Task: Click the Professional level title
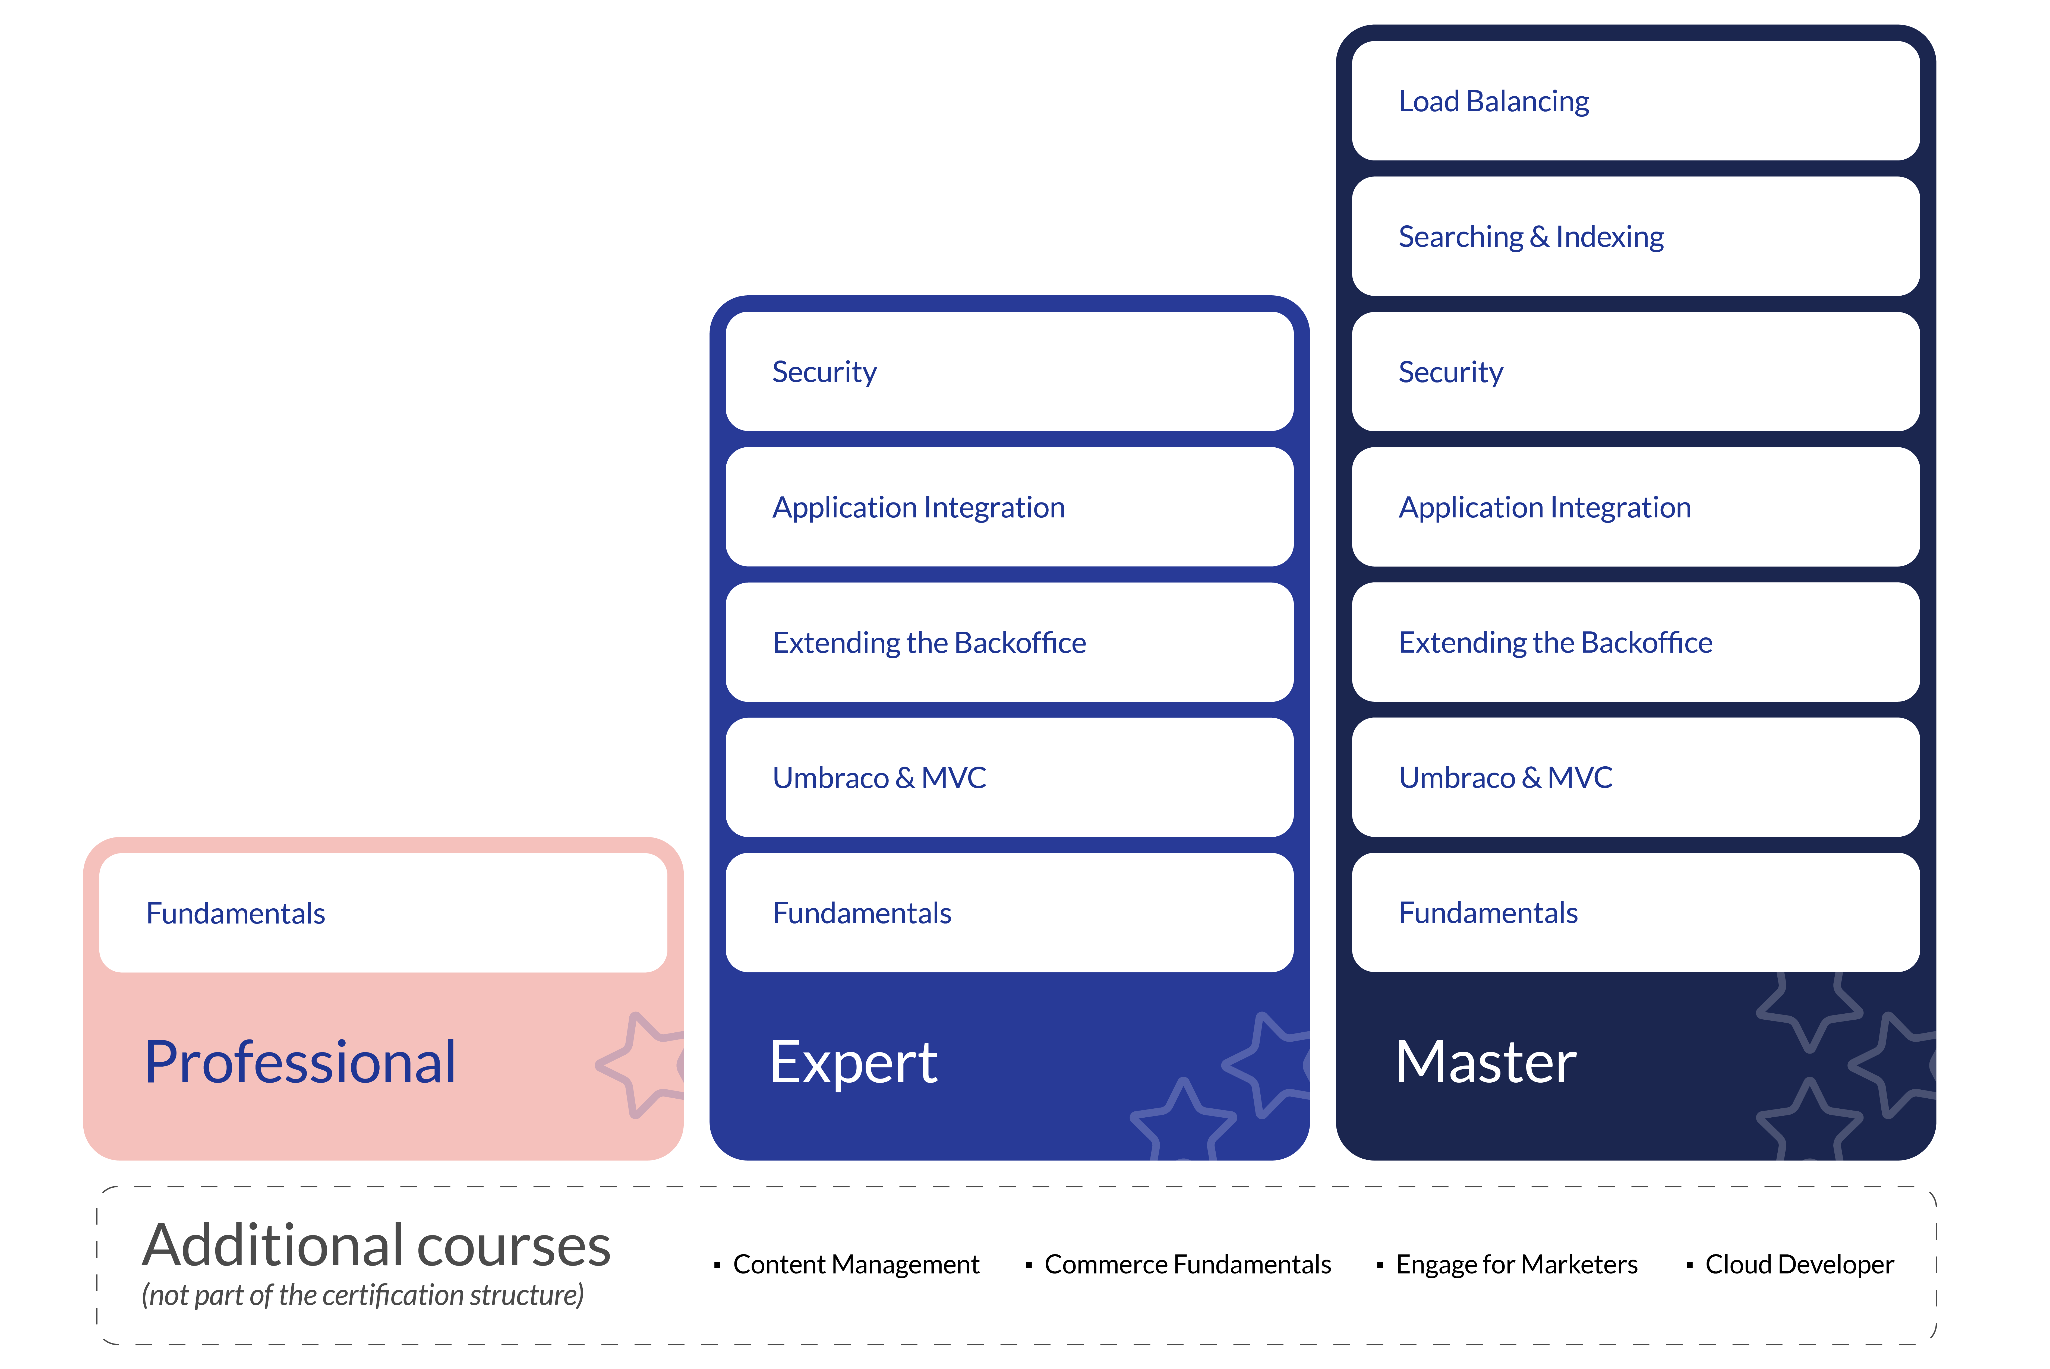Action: [300, 1063]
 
